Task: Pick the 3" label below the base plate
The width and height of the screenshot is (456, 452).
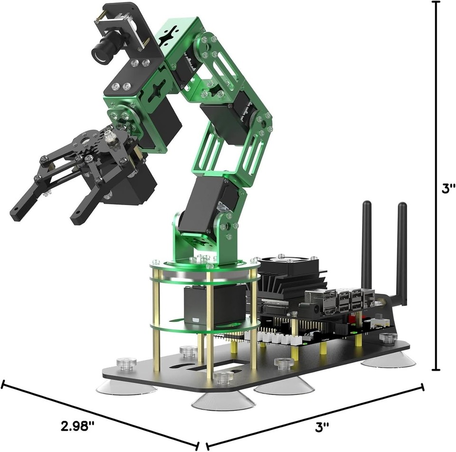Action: tap(323, 426)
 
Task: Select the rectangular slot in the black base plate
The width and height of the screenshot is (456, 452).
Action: tap(228, 366)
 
